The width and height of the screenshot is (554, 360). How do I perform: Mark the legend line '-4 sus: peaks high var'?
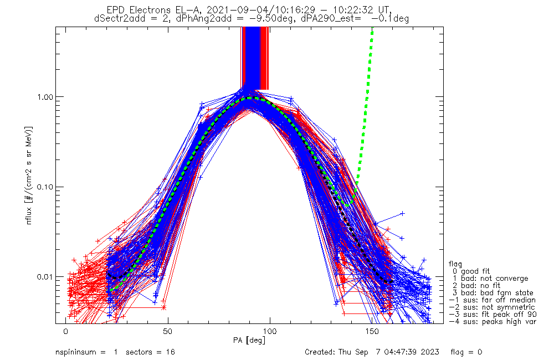[492, 321]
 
